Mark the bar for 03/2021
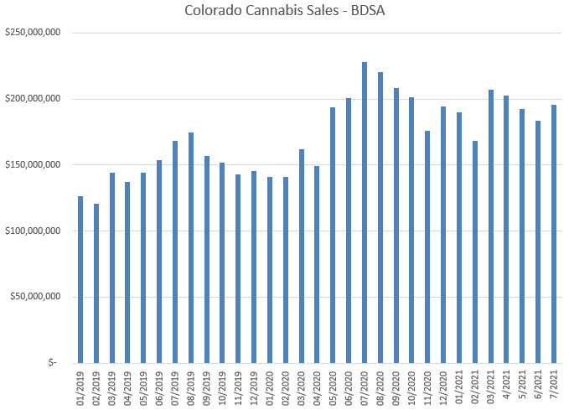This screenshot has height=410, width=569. pos(491,226)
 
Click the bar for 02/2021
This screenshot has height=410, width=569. pos(475,252)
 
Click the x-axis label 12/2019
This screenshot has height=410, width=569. pos(254,387)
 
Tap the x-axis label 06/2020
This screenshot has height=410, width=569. pos(349,387)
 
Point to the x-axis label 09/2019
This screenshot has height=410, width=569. pos(207,387)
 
